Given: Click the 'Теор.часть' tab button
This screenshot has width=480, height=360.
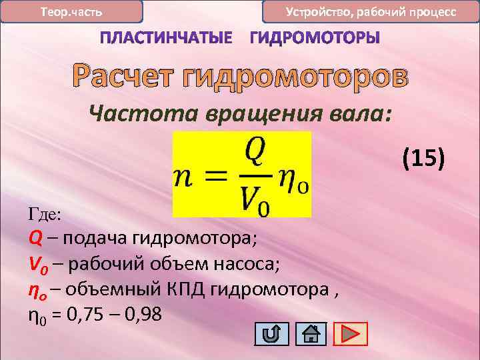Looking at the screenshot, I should click(71, 12).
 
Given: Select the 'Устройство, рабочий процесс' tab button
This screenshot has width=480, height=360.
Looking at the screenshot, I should click(371, 12).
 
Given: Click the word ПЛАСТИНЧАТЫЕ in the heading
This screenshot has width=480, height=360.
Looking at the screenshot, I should click(167, 39).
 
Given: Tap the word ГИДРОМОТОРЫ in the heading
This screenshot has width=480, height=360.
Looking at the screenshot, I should click(315, 39).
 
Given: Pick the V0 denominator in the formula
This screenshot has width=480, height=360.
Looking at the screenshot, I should click(256, 199).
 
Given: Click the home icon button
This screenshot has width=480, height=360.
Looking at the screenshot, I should click(309, 333).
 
